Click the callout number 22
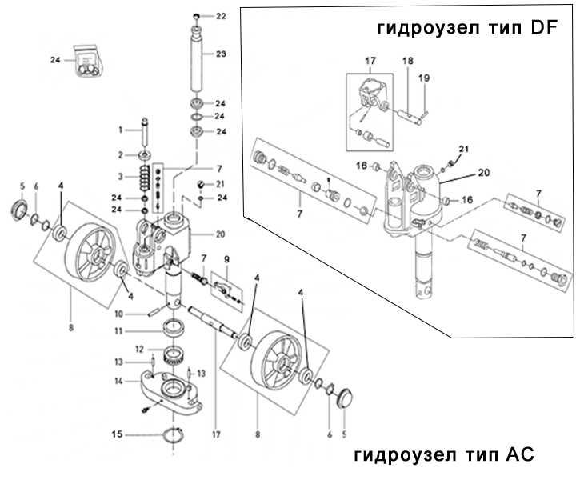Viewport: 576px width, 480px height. point(222,16)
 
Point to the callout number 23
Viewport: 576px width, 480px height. point(222,54)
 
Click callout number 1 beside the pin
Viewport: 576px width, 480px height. point(121,130)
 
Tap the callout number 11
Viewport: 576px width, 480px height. point(117,331)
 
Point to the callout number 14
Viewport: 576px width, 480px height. point(117,382)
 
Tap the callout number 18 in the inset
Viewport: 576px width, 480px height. point(407,61)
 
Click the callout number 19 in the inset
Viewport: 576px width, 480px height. point(424,78)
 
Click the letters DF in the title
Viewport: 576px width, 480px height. point(546,29)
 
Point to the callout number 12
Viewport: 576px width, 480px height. point(138,349)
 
